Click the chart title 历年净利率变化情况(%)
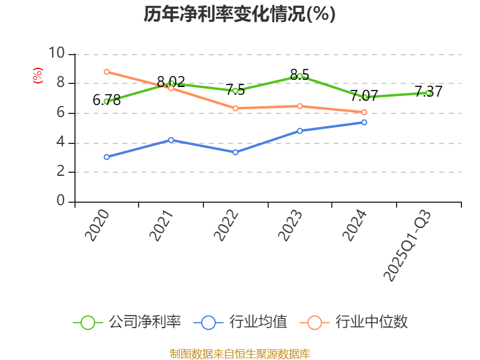[239, 14]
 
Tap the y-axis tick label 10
[56, 53]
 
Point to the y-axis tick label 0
[61, 202]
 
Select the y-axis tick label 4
[61, 142]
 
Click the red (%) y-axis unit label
[37, 76]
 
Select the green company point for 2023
[300, 76]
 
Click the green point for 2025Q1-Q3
[428, 93]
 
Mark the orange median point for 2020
[106, 72]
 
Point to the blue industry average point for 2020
[106, 157]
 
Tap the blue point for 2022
[235, 152]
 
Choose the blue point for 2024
[364, 122]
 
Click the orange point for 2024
[364, 112]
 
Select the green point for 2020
[106, 101]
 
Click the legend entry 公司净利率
[128, 322]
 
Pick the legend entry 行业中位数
[358, 322]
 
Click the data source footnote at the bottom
[239, 353]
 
